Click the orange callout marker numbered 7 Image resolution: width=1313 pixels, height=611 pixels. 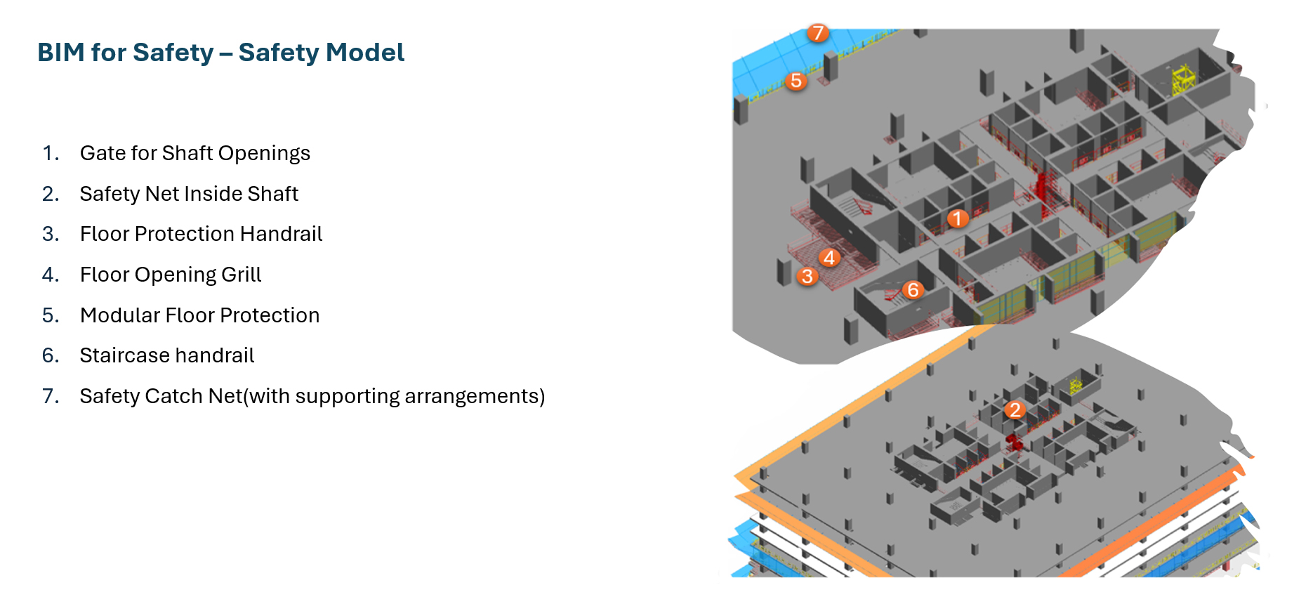click(x=817, y=33)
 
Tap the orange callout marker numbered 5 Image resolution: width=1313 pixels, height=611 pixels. click(x=796, y=81)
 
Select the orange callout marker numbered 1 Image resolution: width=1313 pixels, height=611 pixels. click(x=956, y=218)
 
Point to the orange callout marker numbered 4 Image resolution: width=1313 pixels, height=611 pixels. click(x=829, y=258)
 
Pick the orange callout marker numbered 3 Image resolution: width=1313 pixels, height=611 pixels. click(x=807, y=277)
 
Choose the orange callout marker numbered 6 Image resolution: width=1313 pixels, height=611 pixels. click(x=913, y=289)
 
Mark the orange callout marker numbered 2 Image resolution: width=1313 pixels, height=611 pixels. click(x=1015, y=409)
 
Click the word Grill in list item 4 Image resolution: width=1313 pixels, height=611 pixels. click(x=241, y=275)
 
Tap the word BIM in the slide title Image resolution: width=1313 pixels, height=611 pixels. click(x=60, y=53)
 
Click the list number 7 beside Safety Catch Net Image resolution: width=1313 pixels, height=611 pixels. click(x=50, y=396)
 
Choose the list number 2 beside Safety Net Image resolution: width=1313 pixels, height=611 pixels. click(x=50, y=194)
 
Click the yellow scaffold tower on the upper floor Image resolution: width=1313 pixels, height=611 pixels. click(x=1183, y=79)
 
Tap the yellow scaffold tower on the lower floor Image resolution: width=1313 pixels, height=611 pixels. click(x=1076, y=385)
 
